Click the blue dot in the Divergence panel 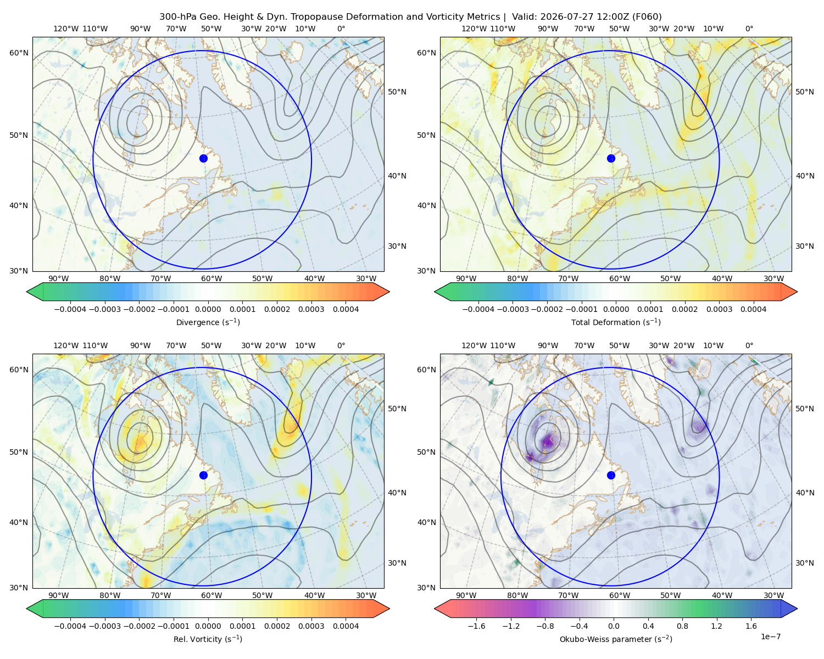point(203,158)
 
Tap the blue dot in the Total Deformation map point(611,158)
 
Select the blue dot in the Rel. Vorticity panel point(203,475)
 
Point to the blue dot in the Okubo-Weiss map point(611,475)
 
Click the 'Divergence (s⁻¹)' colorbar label point(208,322)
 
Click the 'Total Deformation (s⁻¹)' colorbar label point(616,322)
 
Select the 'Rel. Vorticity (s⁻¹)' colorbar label point(208,639)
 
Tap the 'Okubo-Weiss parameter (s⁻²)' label point(616,639)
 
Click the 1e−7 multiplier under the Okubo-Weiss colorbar point(770,636)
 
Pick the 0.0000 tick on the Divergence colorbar point(208,309)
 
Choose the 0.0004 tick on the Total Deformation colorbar point(753,309)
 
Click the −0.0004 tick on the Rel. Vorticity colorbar point(70,626)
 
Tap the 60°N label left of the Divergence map point(19,53)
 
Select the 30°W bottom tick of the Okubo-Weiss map point(773,595)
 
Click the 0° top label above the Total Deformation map point(749,29)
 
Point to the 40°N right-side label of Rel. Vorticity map point(397,493)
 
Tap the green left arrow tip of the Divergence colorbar point(27,292)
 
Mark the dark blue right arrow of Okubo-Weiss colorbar point(789,608)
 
